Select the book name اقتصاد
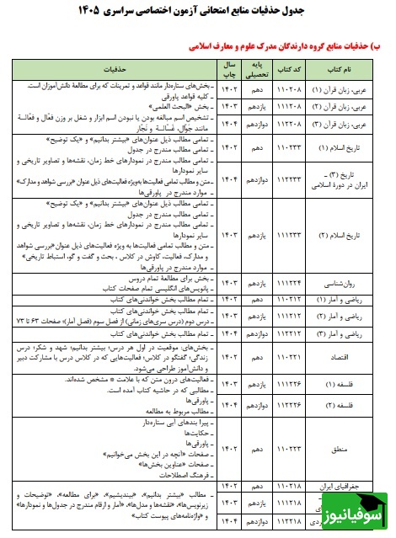pyautogui.click(x=349, y=356)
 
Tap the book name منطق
pyautogui.click(x=349, y=450)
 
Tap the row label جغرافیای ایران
pyautogui.click(x=349, y=487)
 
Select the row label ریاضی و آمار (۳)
pyautogui.click(x=349, y=335)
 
